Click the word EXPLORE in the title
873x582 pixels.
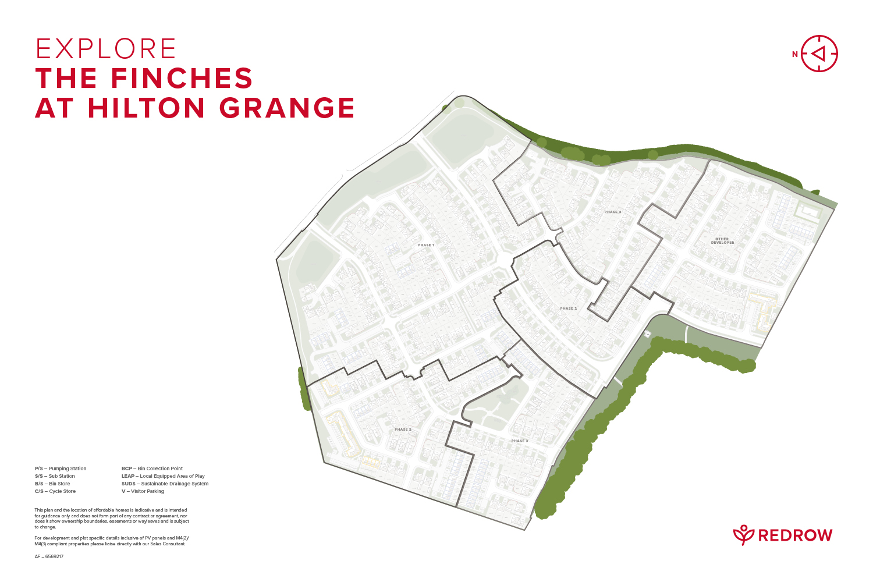(x=105, y=49)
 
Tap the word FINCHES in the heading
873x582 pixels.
(x=182, y=79)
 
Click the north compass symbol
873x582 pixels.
(x=819, y=54)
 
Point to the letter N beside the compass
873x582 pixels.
(x=794, y=55)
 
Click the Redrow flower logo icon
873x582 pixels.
(x=743, y=535)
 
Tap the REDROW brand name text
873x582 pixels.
(x=795, y=535)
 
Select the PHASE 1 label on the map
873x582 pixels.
(x=426, y=245)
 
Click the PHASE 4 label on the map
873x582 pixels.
(x=612, y=212)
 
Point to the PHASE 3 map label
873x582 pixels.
(x=520, y=441)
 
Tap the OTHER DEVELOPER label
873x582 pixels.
(x=722, y=240)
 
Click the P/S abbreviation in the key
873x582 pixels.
(x=39, y=469)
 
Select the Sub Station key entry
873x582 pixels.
(x=62, y=476)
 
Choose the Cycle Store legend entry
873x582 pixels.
(x=62, y=491)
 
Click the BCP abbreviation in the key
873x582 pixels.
(x=127, y=469)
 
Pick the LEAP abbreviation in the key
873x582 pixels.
(x=128, y=476)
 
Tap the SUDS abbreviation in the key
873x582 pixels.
(x=129, y=484)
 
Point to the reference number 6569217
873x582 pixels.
(x=54, y=556)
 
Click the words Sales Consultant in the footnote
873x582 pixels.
(x=171, y=544)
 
